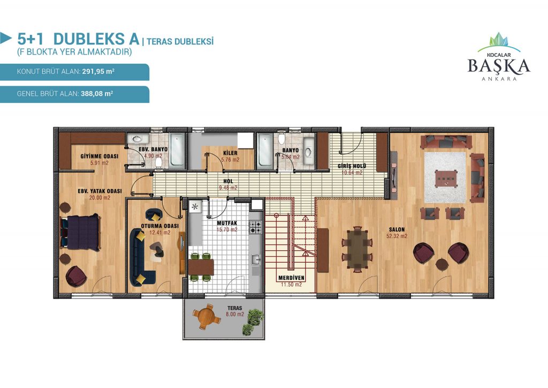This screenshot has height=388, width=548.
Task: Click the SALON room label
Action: (397, 229)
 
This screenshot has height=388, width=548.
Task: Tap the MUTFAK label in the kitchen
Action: (227, 223)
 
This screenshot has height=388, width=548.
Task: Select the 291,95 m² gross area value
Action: (98, 71)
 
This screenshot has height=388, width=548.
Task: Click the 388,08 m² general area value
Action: (97, 94)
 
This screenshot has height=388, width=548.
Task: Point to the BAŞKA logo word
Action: (499, 66)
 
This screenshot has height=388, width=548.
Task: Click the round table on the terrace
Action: (206, 317)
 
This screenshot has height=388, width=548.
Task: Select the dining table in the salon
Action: (357, 249)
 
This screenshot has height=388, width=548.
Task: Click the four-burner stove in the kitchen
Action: (255, 227)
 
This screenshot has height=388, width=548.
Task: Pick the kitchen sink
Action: (255, 259)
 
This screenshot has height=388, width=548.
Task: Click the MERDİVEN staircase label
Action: (291, 278)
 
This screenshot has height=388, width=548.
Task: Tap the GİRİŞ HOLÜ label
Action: (352, 166)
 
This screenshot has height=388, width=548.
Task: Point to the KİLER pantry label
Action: (230, 153)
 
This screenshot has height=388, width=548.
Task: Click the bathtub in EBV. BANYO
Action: (177, 151)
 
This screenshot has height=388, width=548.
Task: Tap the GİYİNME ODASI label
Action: (99, 156)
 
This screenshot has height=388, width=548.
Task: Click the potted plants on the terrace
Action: (253, 321)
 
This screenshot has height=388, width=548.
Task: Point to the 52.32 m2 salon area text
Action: (397, 236)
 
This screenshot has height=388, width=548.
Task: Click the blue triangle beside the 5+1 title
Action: (5, 38)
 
